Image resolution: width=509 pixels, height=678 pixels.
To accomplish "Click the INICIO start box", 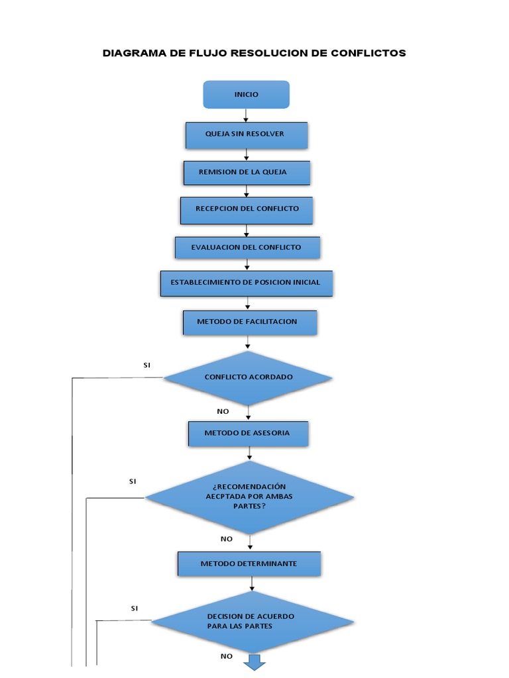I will [246, 95].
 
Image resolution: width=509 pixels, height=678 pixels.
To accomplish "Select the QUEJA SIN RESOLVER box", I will [247, 134].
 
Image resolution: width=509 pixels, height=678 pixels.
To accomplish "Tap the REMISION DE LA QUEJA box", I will [247, 172].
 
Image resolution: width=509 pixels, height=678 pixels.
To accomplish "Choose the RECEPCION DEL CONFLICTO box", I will [247, 209].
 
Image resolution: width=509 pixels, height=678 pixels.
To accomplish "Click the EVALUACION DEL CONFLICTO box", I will [247, 248].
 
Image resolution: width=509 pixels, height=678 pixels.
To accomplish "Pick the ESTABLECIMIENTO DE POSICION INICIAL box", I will [246, 283].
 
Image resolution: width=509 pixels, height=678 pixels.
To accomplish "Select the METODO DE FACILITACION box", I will [249, 322].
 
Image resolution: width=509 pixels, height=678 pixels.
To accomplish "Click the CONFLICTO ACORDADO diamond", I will [248, 377].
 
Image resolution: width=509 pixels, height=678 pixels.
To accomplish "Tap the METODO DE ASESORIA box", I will [248, 434].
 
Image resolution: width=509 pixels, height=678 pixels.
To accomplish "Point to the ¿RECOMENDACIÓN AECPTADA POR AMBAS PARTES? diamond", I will [249, 497].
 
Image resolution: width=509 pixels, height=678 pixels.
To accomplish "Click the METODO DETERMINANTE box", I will [249, 564].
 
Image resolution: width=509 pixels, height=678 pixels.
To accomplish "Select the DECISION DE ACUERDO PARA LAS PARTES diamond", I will [252, 621].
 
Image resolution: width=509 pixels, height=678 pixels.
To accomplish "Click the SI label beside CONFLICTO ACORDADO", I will [147, 365].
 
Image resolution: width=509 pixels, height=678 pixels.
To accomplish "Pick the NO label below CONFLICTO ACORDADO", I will [223, 411].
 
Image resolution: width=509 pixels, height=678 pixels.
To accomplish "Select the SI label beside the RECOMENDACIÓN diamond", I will [133, 481].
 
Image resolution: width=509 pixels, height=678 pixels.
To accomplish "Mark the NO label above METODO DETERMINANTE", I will [227, 539].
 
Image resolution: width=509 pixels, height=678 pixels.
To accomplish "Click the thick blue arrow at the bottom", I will [254, 662].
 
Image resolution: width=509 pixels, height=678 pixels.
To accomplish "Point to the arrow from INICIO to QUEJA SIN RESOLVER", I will [246, 115].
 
